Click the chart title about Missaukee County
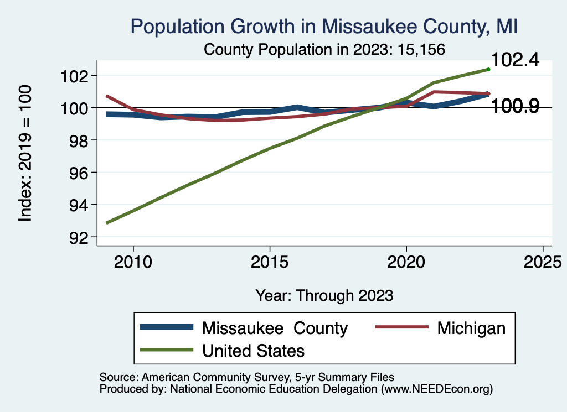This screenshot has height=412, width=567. pos(324,27)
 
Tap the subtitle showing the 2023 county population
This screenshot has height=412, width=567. pos(324,49)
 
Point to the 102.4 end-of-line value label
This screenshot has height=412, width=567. pos(515,60)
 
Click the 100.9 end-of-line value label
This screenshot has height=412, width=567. pos(515,106)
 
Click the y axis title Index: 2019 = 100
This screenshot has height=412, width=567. pos(25,153)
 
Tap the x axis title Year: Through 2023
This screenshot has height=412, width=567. pos(324,295)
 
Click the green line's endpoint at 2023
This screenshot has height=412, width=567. pos(488,69)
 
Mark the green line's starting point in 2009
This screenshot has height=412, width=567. pos(106,223)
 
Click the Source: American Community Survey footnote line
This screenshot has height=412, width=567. pos(247,377)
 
